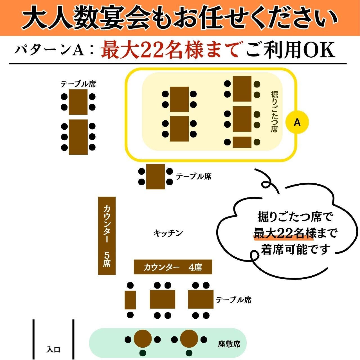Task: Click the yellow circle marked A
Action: point(297,122)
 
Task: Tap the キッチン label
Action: point(168,233)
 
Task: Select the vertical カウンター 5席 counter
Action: point(107,235)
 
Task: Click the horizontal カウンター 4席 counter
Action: point(173,267)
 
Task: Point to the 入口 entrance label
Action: point(53,350)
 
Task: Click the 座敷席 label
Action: point(229,344)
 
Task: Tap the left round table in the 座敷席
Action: point(143,339)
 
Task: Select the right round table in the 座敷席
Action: point(189,339)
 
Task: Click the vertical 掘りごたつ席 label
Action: point(274,111)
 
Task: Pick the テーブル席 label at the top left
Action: point(78,84)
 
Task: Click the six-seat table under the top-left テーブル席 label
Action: point(78,137)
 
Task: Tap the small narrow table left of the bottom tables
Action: point(130,300)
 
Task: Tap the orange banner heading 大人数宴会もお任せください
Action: point(180,18)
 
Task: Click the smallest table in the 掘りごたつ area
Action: point(242,142)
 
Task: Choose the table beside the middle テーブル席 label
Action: point(156,177)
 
